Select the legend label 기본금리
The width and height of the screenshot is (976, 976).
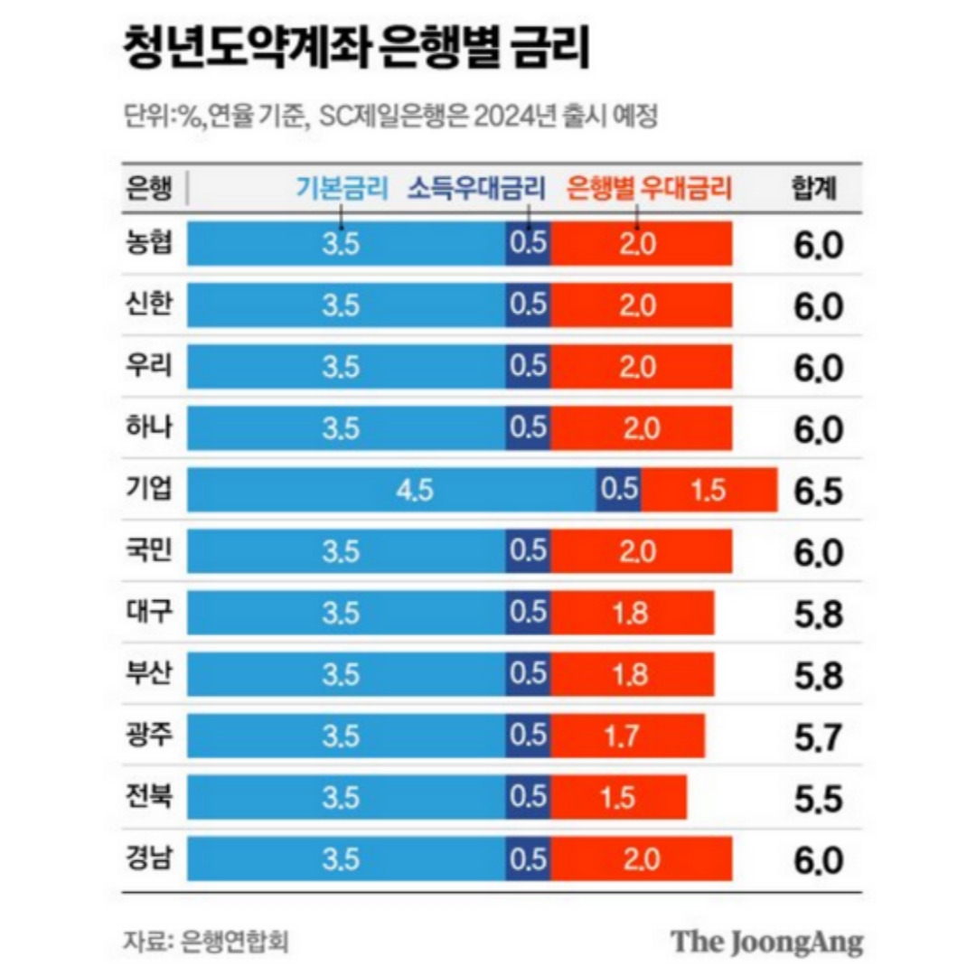click(x=342, y=188)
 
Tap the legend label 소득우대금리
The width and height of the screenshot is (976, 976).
click(x=477, y=188)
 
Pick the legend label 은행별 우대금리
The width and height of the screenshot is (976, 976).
click(x=648, y=188)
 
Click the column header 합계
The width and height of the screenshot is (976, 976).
click(x=812, y=188)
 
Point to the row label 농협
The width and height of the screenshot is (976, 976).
click(x=150, y=244)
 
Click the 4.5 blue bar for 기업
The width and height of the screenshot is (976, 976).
click(x=391, y=490)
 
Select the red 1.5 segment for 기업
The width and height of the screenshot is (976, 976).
click(x=709, y=490)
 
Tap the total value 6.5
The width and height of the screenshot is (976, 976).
click(x=818, y=492)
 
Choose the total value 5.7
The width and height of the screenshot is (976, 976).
click(x=818, y=737)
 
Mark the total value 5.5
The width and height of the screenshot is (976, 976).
click(x=818, y=799)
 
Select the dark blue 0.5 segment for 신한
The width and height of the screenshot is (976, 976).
click(x=529, y=305)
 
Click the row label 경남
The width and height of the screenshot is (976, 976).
click(x=150, y=859)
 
